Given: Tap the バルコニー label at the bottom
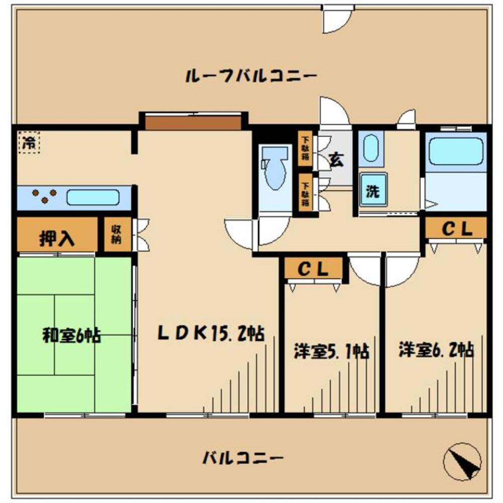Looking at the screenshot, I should tap(244, 458).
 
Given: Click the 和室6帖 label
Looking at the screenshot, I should tap(71, 334).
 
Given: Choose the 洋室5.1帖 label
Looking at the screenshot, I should tap(331, 351).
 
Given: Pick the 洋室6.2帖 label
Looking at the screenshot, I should tap(436, 350).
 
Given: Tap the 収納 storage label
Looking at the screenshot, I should tap(117, 234).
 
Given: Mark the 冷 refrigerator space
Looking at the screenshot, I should tap(28, 143).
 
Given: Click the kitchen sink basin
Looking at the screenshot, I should tap(93, 197).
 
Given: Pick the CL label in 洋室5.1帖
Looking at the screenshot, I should tap(313, 269).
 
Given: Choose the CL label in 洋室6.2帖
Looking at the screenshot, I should tap(456, 229).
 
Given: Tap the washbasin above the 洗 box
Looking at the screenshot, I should tap(371, 148).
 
